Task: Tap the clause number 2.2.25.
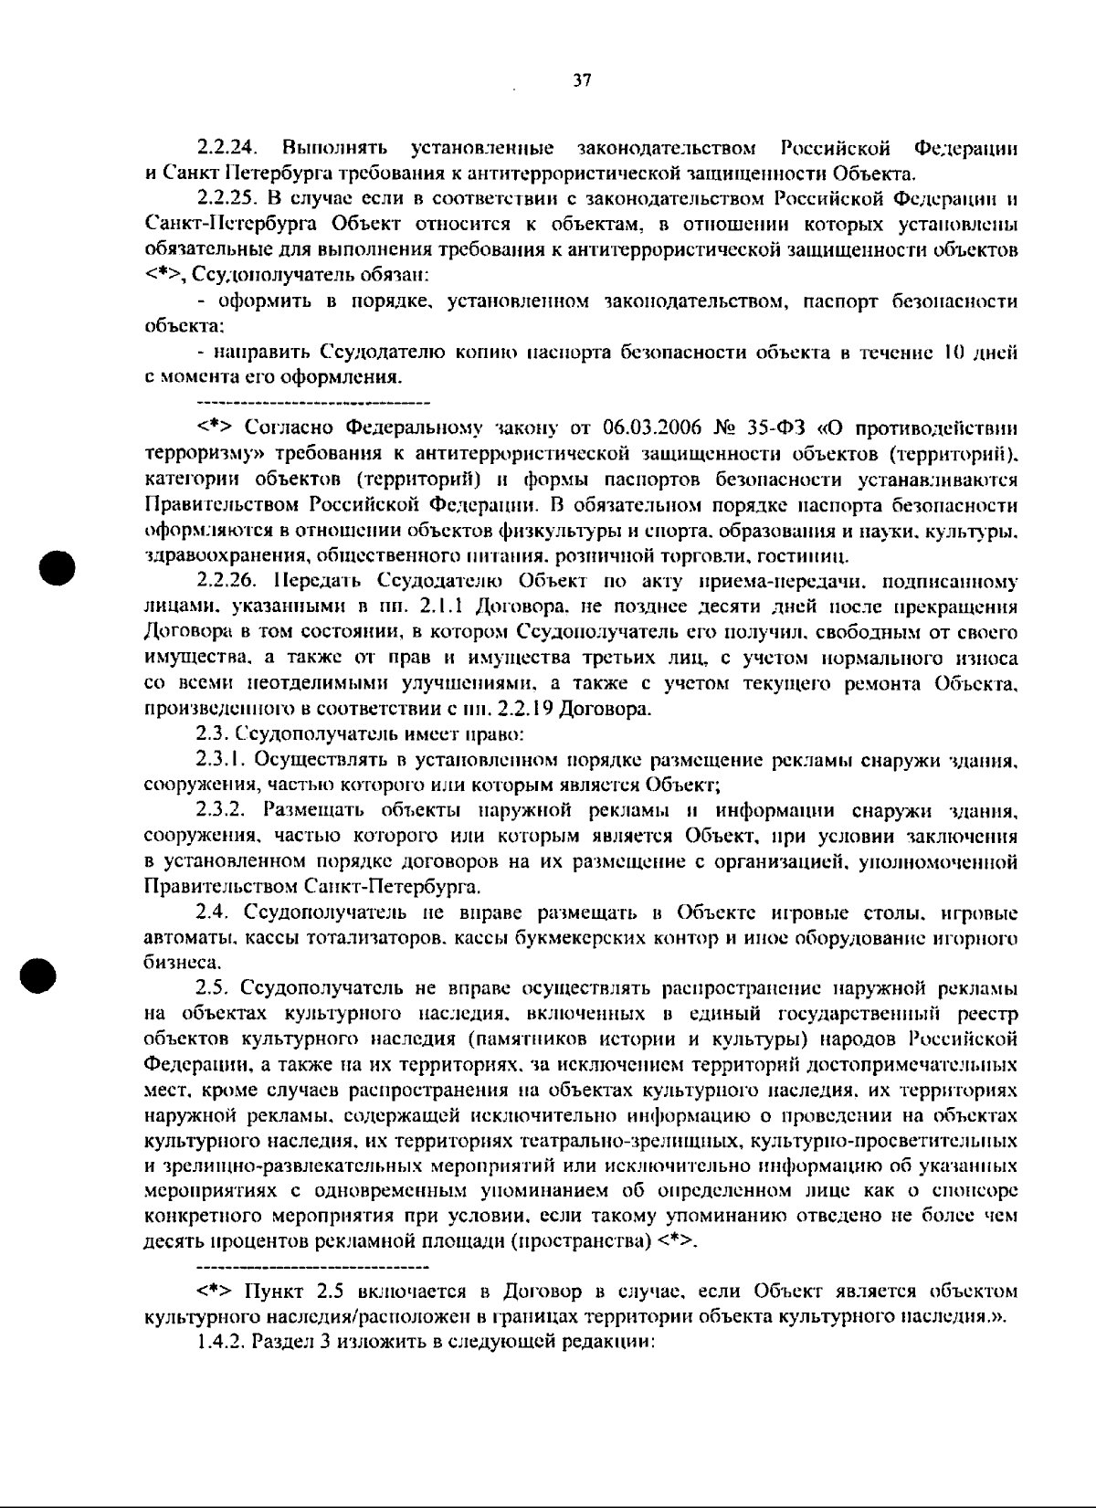229,198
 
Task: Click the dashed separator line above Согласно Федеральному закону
313,402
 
